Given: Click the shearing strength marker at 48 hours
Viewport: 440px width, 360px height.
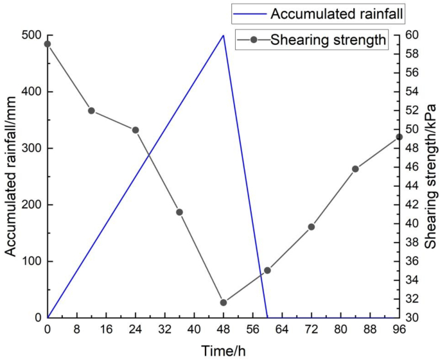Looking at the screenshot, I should coord(224,302).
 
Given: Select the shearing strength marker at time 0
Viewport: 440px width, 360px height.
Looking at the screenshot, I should coord(48,44).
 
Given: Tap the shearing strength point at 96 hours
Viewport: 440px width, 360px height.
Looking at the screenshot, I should coord(399,137).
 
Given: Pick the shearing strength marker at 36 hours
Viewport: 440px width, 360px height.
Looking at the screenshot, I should coord(179,212).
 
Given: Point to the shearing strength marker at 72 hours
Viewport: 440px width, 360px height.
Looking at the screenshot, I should coord(312,227).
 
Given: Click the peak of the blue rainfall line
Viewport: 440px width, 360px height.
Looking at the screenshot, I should coord(223,35).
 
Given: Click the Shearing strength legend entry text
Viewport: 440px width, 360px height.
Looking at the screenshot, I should coord(328,40).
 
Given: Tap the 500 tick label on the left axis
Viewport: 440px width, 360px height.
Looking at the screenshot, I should coord(30,35).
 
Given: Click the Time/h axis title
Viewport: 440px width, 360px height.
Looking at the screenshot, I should coord(223,350).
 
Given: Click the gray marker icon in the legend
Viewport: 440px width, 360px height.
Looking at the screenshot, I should coord(253,40).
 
